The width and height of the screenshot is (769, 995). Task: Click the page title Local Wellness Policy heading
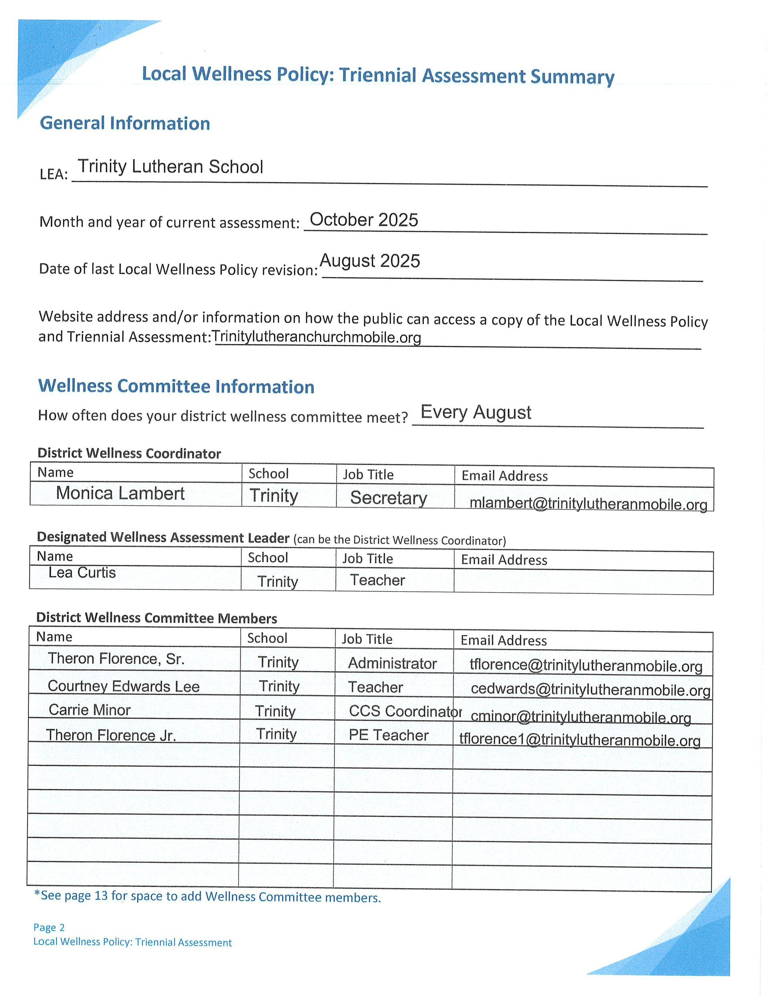tap(377, 75)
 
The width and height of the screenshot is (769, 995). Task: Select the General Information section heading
tap(125, 123)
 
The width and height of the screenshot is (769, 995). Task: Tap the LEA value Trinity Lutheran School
tap(171, 167)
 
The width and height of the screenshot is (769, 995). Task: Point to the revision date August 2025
tap(370, 261)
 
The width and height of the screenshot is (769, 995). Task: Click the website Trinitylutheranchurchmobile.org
tap(316, 337)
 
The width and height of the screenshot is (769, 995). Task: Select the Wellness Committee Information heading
tap(176, 386)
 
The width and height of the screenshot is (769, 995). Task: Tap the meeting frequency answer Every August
tap(475, 412)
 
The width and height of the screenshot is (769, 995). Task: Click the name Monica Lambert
tap(120, 493)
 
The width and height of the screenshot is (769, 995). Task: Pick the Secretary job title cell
tap(389, 497)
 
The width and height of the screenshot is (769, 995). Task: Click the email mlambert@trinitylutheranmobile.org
tap(588, 503)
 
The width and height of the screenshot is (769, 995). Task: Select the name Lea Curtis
tap(82, 573)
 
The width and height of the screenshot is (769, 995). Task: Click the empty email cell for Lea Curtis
tap(583, 582)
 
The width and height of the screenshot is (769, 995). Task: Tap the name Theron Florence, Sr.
tap(116, 659)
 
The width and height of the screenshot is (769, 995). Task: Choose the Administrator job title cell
tap(392, 663)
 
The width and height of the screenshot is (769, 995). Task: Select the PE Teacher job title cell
tap(389, 735)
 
